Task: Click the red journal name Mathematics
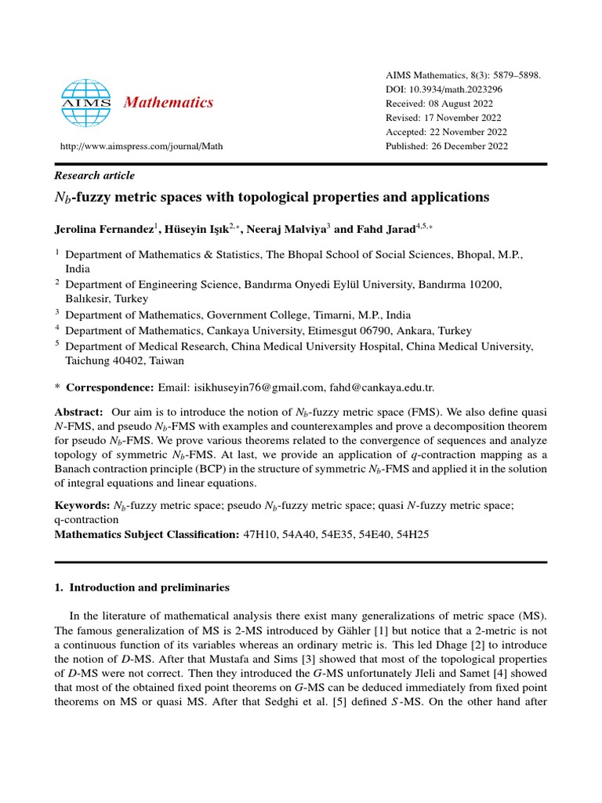click(x=169, y=102)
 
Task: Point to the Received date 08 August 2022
click(x=473, y=104)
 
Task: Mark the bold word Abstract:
click(x=78, y=412)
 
